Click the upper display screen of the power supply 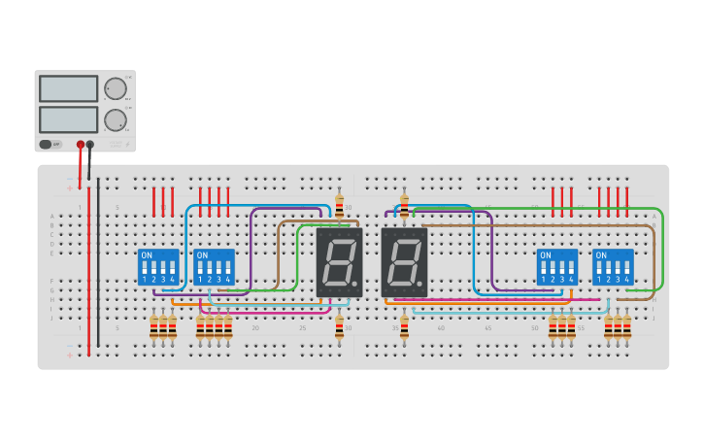click(68, 88)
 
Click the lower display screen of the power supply click(68, 119)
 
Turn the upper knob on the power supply click(116, 89)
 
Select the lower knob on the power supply click(116, 120)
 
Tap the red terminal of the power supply click(81, 145)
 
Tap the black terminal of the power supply click(90, 145)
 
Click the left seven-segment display click(339, 262)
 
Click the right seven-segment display click(404, 262)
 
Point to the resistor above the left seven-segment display click(339, 205)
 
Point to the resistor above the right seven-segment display click(404, 205)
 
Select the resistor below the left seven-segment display click(339, 328)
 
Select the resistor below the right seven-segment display click(404, 328)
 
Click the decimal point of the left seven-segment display click(357, 286)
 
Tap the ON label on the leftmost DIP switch click(147, 255)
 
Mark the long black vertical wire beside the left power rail click(98, 262)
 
